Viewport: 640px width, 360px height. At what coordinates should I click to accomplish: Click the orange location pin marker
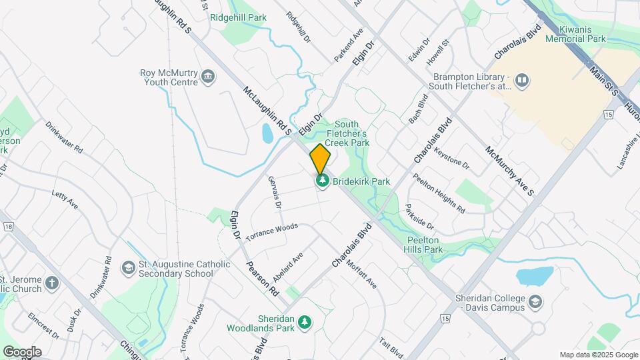click(321, 159)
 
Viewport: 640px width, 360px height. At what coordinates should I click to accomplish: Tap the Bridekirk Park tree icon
click(323, 181)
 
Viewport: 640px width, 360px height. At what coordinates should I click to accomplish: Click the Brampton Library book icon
click(523, 81)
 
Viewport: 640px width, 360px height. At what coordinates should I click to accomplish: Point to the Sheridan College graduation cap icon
click(535, 303)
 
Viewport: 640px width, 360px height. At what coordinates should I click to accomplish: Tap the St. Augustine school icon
click(127, 269)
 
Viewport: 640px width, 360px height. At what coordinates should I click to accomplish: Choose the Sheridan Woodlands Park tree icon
click(305, 323)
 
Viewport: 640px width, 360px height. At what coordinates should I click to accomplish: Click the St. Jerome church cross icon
click(52, 284)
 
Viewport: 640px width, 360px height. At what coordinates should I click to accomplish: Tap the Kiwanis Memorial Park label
click(575, 35)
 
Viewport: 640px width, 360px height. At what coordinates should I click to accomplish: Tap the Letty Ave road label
click(65, 199)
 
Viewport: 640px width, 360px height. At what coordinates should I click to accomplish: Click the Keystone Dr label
click(452, 158)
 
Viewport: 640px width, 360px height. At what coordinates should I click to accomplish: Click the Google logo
click(22, 352)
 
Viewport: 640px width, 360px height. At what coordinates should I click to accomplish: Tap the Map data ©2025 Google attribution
click(599, 355)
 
